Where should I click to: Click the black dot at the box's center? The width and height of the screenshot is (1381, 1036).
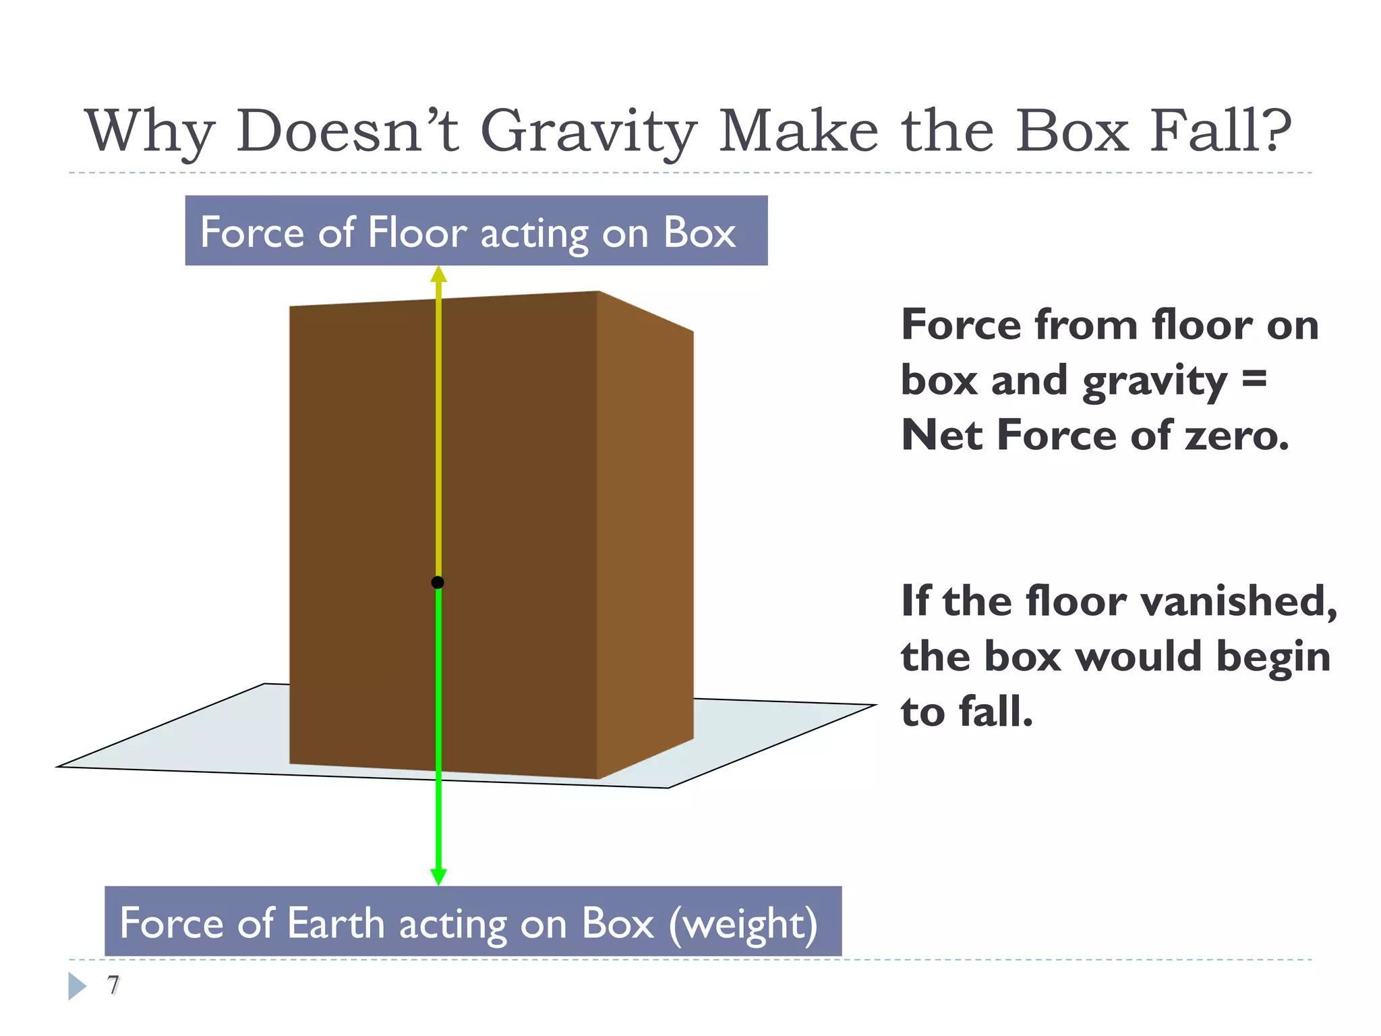(x=438, y=582)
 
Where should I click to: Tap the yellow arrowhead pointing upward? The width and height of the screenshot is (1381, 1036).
(x=438, y=275)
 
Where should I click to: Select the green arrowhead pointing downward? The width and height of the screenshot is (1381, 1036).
(x=438, y=876)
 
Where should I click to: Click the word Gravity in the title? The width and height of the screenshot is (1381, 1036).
(x=588, y=132)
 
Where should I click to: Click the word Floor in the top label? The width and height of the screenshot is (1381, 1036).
(x=417, y=233)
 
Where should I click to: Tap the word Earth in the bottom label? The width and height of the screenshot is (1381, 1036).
(x=335, y=923)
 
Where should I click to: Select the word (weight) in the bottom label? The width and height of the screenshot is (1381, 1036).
(x=743, y=924)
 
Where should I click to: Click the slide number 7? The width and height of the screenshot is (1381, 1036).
(x=113, y=985)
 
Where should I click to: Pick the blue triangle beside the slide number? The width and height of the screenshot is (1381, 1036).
(x=77, y=986)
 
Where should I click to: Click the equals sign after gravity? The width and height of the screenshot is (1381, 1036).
(x=1254, y=379)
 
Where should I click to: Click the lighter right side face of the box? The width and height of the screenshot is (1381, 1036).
(x=645, y=533)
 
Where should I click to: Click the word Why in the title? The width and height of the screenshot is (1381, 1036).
(x=150, y=132)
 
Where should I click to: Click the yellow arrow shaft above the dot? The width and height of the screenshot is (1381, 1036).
(x=438, y=432)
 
